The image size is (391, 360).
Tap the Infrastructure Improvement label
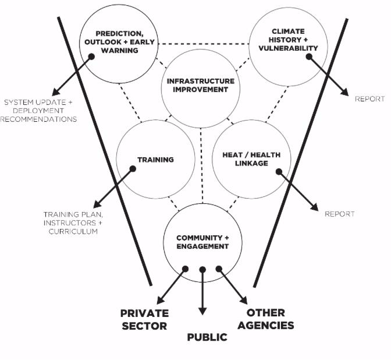(201, 85)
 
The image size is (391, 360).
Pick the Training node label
(155, 160)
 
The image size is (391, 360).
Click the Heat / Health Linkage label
(251, 159)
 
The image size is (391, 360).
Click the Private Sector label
(144, 319)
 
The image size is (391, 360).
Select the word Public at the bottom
(207, 337)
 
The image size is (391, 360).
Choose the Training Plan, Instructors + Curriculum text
(70, 223)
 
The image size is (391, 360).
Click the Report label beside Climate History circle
(370, 99)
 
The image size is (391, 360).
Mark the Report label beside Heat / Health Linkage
(340, 214)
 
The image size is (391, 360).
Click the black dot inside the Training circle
(133, 169)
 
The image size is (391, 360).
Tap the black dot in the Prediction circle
(91, 57)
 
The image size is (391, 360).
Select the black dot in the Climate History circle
(309, 57)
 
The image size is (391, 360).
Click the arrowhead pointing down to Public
(202, 310)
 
